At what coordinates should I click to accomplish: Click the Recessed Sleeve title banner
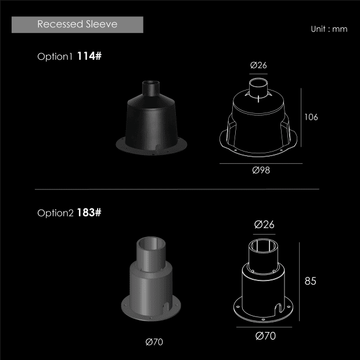(77, 24)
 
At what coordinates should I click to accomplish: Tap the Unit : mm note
(329, 29)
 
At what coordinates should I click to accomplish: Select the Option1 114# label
(69, 56)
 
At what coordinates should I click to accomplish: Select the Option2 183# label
(69, 213)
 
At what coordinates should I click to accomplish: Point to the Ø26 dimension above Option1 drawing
(258, 65)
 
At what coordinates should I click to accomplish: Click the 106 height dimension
(311, 117)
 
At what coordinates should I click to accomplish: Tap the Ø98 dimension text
(261, 170)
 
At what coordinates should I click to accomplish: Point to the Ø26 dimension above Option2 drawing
(264, 225)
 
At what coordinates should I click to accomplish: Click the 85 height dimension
(311, 281)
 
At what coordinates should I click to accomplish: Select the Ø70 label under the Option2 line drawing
(265, 336)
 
